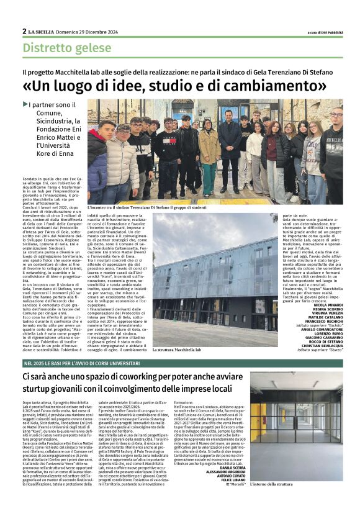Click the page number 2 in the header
point(24,31)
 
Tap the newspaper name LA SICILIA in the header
point(43,32)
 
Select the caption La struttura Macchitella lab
point(181,350)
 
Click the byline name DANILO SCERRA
point(232,466)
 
